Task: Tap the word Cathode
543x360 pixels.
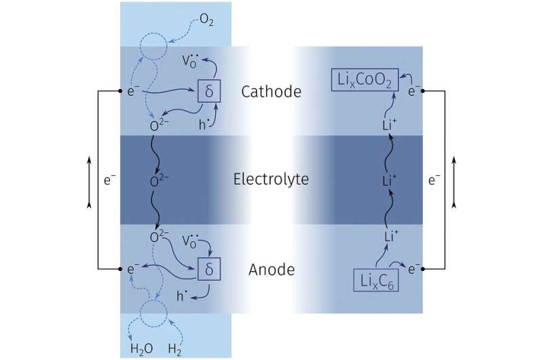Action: click(271, 91)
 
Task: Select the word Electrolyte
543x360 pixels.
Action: click(271, 180)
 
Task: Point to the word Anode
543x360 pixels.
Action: click(271, 270)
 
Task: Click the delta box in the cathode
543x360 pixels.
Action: click(208, 91)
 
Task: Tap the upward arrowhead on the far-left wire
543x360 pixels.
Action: click(90, 160)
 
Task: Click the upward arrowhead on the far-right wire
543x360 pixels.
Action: click(454, 160)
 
